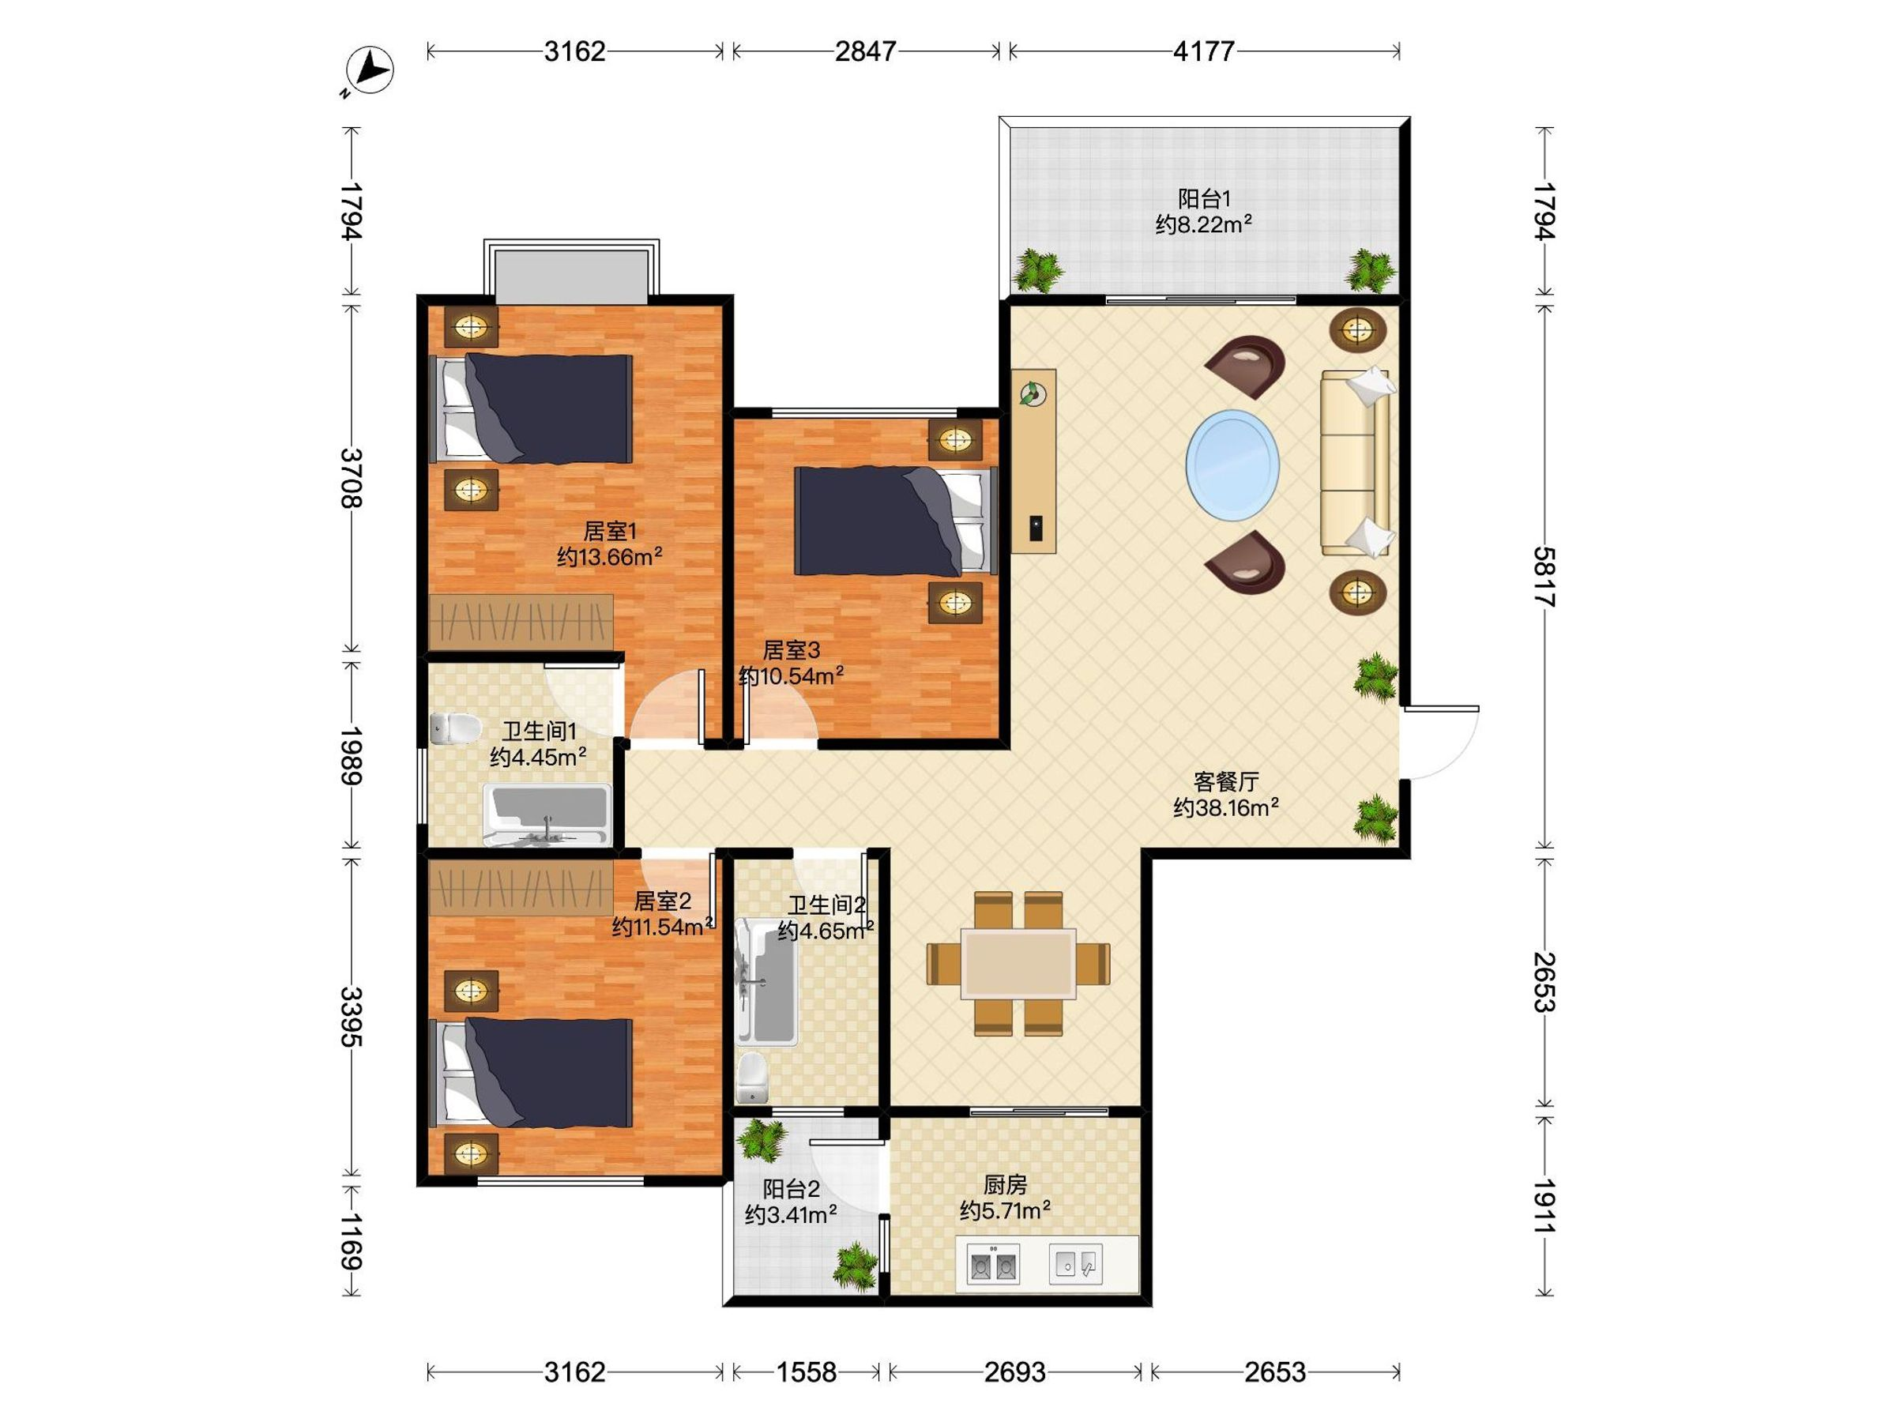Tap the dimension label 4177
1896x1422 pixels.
1203,51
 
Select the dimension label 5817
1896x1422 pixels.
1544,576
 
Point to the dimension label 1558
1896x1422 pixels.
806,1372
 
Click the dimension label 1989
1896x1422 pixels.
352,756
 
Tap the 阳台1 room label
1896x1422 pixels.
1203,199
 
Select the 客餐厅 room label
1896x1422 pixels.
1226,782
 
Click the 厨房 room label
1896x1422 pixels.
1005,1184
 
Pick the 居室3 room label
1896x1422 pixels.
791,649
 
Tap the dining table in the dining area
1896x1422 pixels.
1018,964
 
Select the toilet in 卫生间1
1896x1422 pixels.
454,728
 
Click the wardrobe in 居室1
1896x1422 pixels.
521,622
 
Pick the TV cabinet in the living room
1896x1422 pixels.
1033,461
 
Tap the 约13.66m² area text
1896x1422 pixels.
609,557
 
